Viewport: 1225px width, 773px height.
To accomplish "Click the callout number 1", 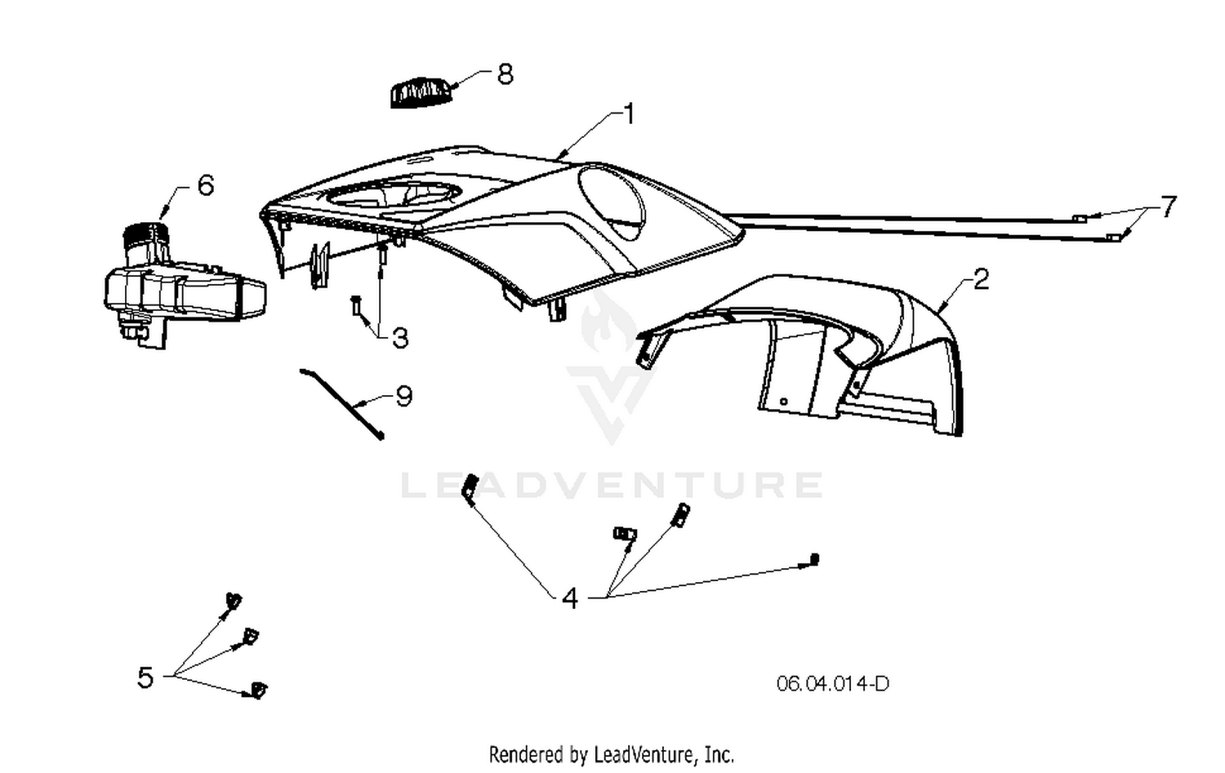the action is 630,113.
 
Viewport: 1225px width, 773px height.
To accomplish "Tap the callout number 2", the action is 982,279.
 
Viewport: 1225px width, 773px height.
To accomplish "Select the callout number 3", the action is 400,339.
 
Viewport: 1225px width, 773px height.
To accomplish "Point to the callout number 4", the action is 570,598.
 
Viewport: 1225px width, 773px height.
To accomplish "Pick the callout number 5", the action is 145,677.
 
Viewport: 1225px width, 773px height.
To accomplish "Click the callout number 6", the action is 206,185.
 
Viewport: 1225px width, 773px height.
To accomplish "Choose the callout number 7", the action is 1168,207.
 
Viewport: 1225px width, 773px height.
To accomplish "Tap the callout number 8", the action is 506,73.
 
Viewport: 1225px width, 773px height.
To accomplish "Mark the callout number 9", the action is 403,396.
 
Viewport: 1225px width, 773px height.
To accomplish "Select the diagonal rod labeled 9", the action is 342,403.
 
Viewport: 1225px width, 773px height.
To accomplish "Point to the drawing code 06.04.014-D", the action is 832,683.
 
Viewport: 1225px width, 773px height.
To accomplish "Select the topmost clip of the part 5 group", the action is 234,601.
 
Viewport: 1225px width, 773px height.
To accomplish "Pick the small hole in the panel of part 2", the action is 784,402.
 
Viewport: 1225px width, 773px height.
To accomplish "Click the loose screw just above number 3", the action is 356,305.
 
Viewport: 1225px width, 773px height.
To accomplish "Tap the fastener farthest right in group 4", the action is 813,559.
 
